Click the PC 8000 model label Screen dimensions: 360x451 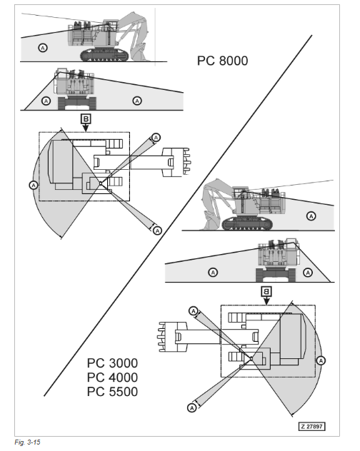(x=222, y=61)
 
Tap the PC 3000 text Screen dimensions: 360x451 (x=112, y=363)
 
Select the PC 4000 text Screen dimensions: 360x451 (x=112, y=377)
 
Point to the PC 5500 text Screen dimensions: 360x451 (x=112, y=392)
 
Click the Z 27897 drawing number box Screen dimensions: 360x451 (x=312, y=426)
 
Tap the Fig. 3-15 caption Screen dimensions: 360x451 (x=27, y=442)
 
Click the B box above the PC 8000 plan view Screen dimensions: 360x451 (x=86, y=118)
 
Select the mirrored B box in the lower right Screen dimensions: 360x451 (x=266, y=291)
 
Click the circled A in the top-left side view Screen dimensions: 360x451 (x=43, y=48)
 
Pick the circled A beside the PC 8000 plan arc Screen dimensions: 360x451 (x=34, y=185)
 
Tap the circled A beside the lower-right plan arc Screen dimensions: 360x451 (x=321, y=360)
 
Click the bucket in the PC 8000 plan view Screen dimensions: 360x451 (x=176, y=162)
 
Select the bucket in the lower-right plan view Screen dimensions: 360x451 (x=172, y=337)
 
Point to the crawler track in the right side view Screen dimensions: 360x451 (x=247, y=224)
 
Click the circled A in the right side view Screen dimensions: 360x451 (x=311, y=216)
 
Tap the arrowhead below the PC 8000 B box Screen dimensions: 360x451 (x=86, y=128)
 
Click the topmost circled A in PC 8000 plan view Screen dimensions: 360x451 (x=156, y=138)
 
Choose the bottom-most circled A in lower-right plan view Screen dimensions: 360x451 (x=192, y=407)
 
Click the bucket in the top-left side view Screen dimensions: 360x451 (x=139, y=52)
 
